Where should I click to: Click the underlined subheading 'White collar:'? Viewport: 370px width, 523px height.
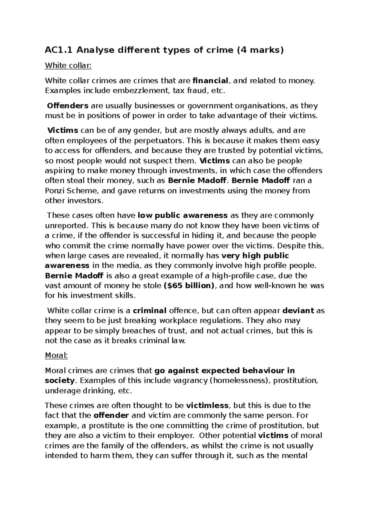[68, 65]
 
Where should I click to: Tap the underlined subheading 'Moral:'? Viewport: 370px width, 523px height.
[56, 355]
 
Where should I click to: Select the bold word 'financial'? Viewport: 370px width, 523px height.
[210, 81]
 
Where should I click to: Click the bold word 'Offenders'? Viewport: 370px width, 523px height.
[68, 106]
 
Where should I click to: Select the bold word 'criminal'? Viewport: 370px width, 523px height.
[150, 311]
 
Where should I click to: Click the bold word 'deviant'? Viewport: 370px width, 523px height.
[298, 311]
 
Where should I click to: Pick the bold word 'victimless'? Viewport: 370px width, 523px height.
[208, 405]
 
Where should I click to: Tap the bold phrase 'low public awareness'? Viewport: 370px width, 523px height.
[183, 215]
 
